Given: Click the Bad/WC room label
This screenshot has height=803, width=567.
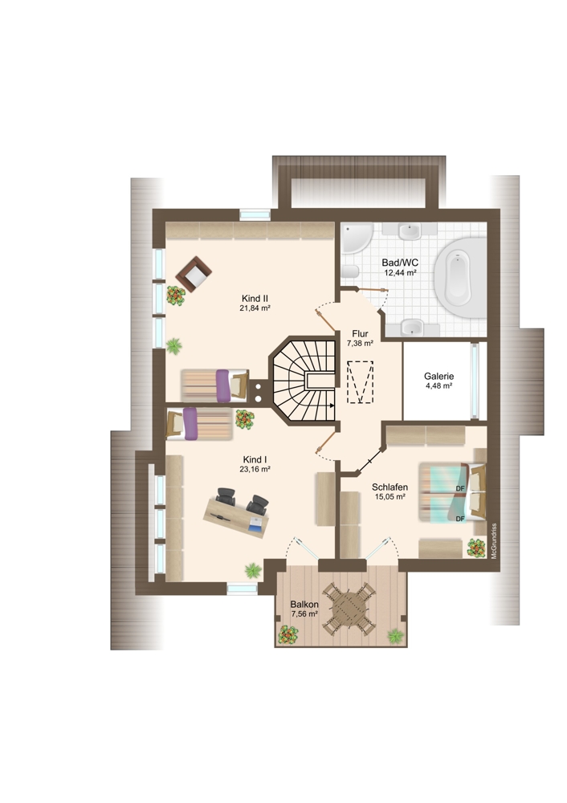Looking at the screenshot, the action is [400, 263].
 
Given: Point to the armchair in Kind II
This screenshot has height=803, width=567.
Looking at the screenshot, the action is [194, 274].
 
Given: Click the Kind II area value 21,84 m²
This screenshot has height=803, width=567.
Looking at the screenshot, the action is [255, 308].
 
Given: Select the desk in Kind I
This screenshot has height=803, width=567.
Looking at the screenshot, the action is [237, 517].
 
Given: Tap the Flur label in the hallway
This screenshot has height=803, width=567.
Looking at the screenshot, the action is [360, 334].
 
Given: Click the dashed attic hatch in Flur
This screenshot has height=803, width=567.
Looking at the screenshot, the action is [360, 382].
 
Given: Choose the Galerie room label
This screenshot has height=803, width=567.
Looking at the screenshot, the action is [439, 377].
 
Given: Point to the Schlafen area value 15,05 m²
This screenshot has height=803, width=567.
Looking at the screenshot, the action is [390, 496].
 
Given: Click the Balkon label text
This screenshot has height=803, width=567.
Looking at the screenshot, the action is [304, 605].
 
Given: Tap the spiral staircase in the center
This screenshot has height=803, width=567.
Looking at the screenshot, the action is [304, 380].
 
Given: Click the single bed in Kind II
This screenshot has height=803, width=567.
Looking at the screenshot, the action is [214, 385].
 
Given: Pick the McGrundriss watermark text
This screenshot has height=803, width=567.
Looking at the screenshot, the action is [494, 540].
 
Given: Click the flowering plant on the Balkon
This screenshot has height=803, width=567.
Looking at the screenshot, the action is [288, 635].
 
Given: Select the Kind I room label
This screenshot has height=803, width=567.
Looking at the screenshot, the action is [255, 459].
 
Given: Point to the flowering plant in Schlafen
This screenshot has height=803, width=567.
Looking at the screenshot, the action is [476, 548].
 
